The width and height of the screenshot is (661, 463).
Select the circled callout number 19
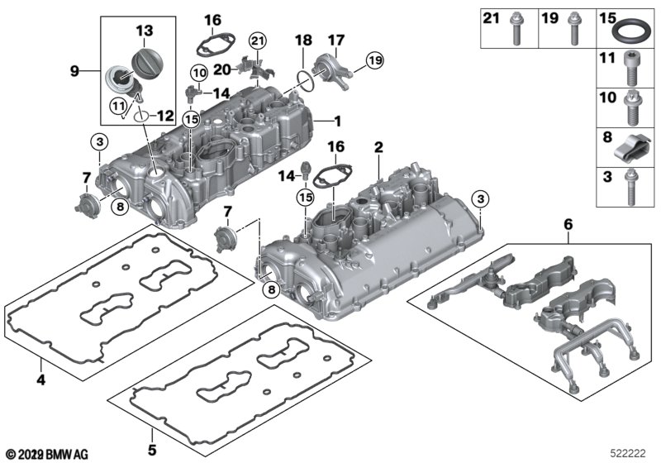coord(375,60)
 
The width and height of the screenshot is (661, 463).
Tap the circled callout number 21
coord(258,41)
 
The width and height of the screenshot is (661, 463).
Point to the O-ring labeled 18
coord(305,81)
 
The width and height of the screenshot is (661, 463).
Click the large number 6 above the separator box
coord(568,225)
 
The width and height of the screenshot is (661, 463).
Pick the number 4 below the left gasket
coord(40,380)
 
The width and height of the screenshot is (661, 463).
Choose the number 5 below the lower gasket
coord(152,450)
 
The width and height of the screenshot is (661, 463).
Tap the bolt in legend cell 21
coord(516,29)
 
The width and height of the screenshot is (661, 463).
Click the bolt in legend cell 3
coord(630,187)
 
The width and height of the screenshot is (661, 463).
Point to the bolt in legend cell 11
coord(631,70)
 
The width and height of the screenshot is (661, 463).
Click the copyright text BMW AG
coord(67,455)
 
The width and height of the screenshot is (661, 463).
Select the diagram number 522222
coord(628,454)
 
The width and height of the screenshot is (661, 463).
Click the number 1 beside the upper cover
coord(337,122)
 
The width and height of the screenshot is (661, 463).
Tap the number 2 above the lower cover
coord(378,148)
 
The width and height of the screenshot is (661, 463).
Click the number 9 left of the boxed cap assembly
coord(74,71)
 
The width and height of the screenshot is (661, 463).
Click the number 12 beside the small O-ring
coord(165,116)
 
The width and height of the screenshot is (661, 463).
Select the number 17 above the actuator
coord(336,40)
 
